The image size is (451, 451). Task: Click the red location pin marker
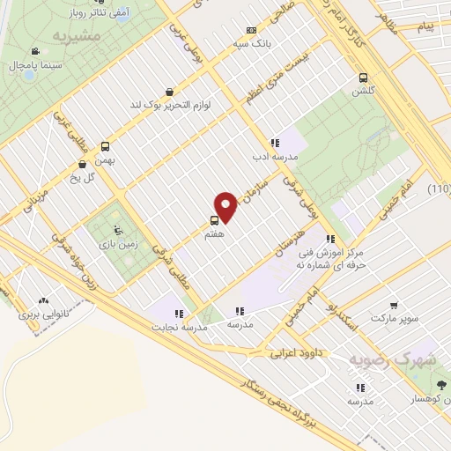pos(226,206)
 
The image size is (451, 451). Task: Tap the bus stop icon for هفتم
pos(215,221)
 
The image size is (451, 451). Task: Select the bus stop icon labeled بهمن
pos(106,146)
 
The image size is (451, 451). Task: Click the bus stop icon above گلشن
pos(364,78)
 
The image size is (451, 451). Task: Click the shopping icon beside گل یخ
pos(82,163)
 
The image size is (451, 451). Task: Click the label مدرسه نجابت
pos(181,325)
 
